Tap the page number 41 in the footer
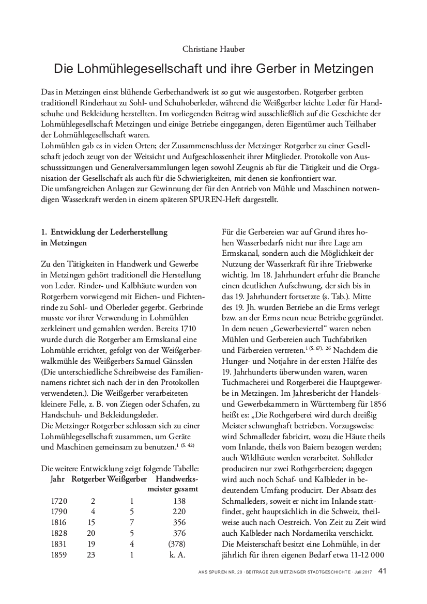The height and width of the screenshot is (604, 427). click(x=383, y=571)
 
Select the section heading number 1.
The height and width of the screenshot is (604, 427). click(x=43, y=233)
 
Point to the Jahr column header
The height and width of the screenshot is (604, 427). click(x=58, y=479)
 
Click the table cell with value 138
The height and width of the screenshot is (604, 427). click(x=179, y=501)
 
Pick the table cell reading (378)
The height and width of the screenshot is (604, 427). click(x=179, y=544)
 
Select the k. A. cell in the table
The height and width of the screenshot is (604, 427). click(x=179, y=555)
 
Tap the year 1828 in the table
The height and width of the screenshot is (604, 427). click(x=60, y=533)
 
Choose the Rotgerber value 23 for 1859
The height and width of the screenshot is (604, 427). click(x=93, y=555)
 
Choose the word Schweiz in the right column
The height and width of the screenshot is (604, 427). click(x=341, y=512)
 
